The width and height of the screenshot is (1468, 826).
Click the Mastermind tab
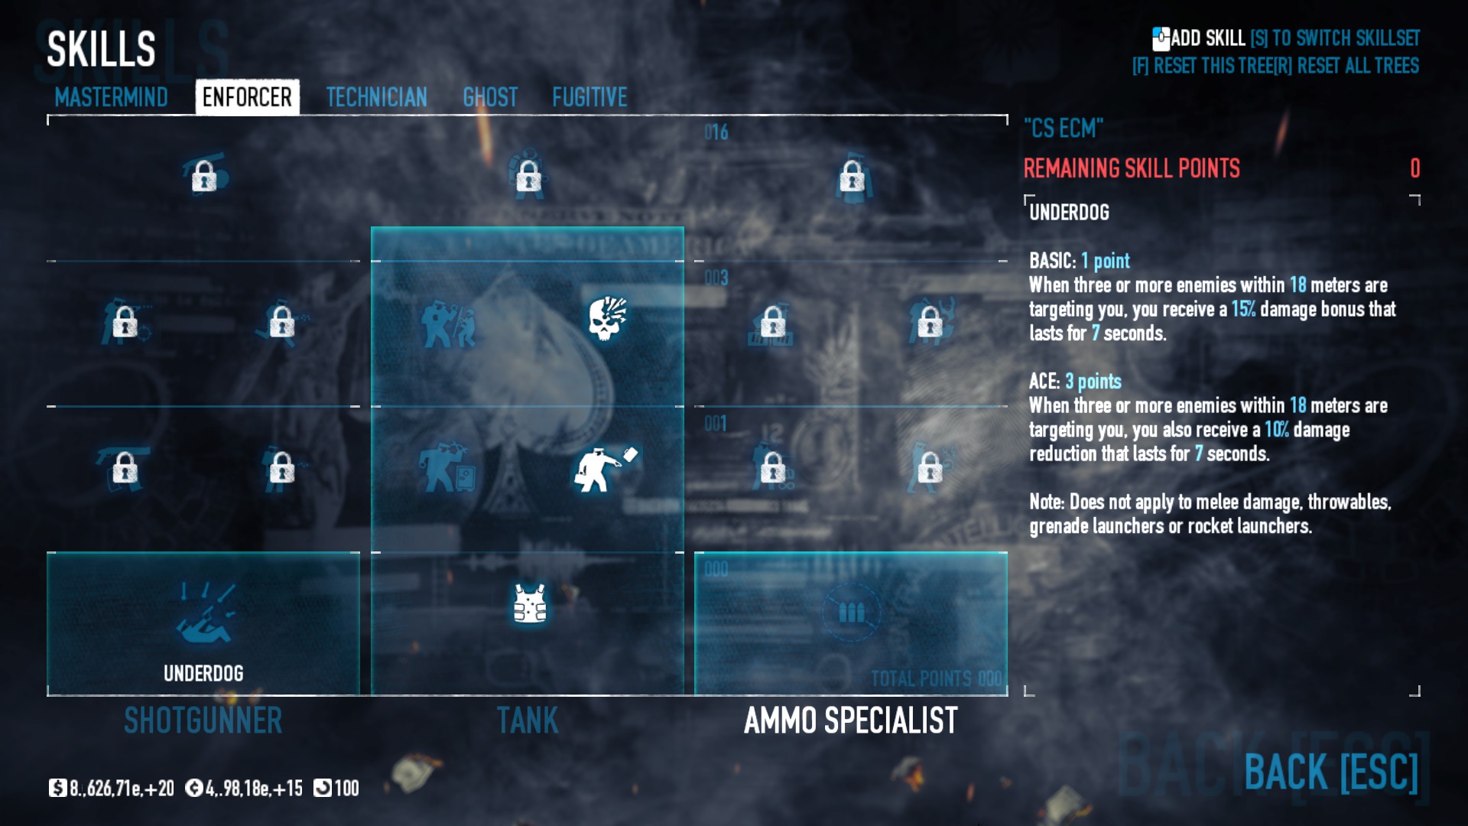111,97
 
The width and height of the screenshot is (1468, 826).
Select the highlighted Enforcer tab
247,97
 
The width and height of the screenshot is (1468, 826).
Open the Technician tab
376,97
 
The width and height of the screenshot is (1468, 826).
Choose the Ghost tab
490,97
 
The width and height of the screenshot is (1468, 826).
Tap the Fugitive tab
589,97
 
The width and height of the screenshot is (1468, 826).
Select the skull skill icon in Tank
607,318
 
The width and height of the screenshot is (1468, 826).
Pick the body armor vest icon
529,603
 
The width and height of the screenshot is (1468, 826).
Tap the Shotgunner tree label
203,720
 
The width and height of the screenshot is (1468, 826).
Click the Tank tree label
528,720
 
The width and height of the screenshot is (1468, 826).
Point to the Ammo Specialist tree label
850,720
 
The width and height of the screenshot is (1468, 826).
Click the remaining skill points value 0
1414,168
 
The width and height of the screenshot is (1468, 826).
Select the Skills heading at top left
101,49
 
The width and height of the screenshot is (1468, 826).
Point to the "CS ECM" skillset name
1064,128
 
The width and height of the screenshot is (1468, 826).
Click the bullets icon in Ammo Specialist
851,612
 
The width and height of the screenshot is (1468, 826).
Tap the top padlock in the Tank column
528,177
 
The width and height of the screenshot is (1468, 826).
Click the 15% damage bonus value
1242,309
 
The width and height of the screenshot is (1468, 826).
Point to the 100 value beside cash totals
346,789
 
